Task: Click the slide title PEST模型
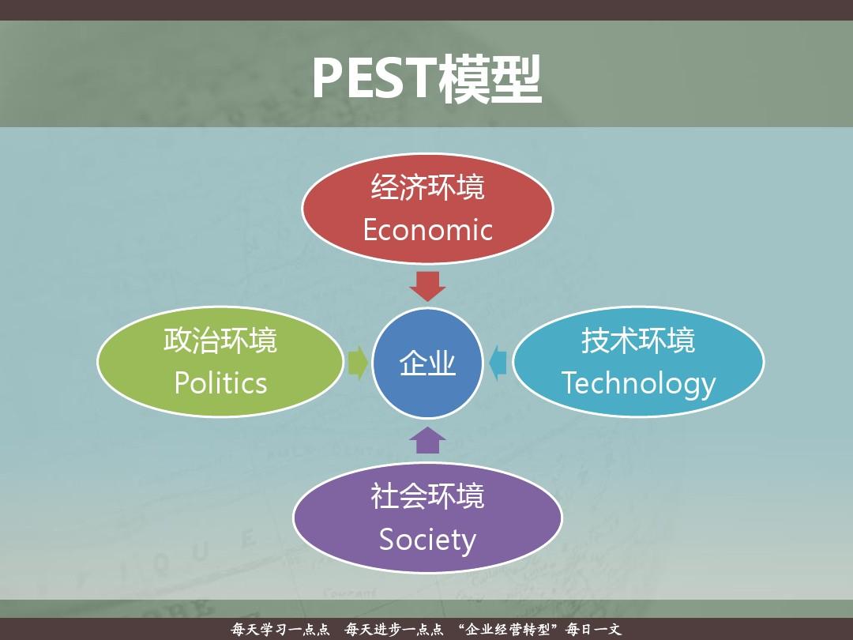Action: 426,78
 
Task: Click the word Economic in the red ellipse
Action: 427,230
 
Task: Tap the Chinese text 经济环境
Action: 427,188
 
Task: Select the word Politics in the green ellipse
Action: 220,383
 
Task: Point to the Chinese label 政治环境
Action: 220,341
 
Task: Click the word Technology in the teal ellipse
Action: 638,384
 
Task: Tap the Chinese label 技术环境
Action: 638,341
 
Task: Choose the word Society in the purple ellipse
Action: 427,540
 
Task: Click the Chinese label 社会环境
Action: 427,497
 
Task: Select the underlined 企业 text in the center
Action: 427,364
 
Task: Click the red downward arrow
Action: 428,285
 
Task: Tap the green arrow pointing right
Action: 358,363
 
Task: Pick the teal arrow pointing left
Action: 498,363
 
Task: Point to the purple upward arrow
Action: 428,439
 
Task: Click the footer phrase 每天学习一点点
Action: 280,630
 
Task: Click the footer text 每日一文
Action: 594,630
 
